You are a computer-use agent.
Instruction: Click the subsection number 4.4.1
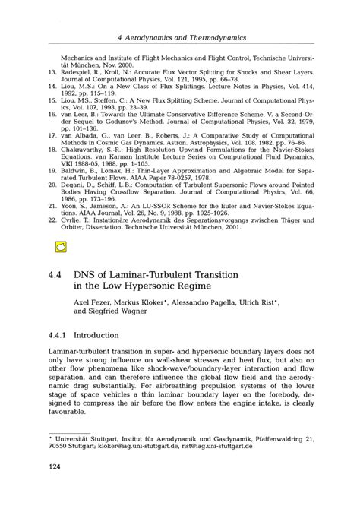(62, 334)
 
